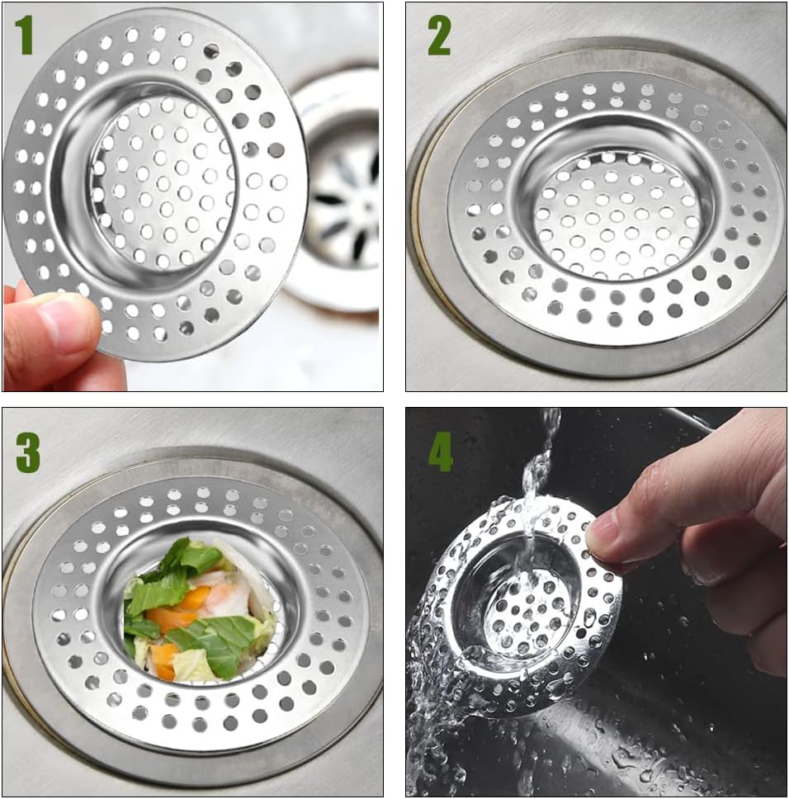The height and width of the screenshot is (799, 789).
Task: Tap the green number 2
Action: coord(439,35)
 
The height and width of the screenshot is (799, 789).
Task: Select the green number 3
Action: coord(27,453)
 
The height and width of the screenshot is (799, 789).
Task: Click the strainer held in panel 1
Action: coord(155,183)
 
